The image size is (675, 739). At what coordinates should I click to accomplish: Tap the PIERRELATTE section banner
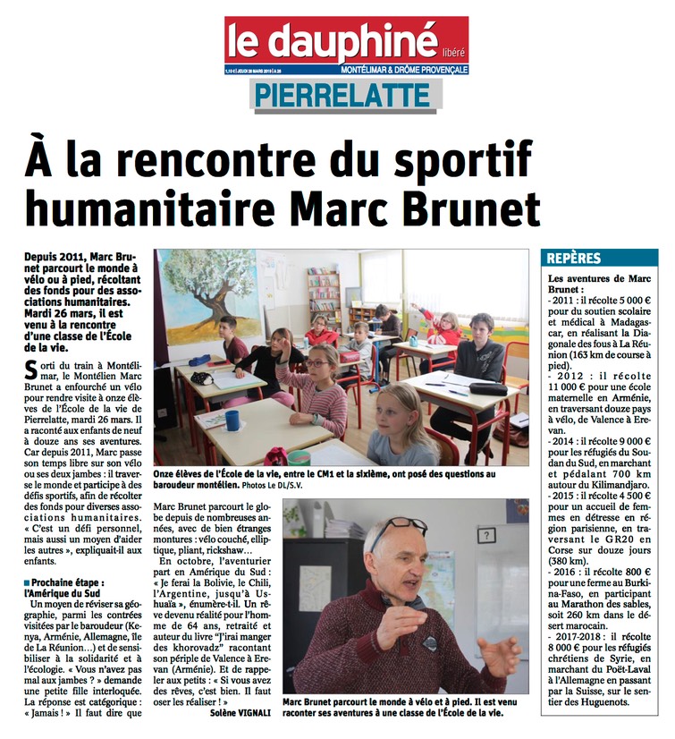click(x=346, y=94)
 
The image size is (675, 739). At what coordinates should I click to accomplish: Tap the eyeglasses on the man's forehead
click(x=395, y=530)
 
